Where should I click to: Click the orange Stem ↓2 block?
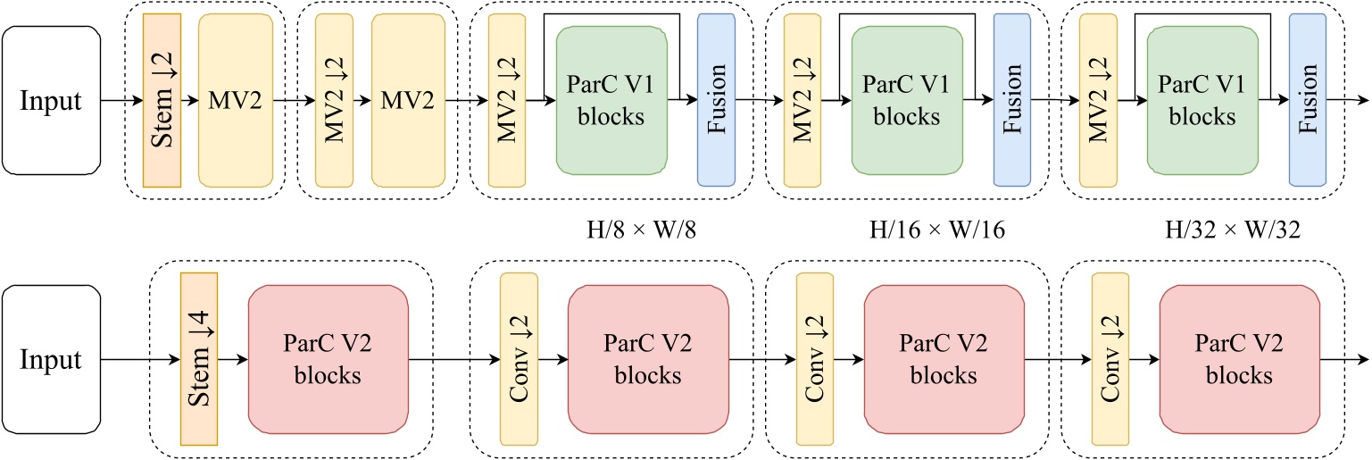tap(162, 100)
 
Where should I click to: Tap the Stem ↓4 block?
tap(199, 359)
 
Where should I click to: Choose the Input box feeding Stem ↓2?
tap(51, 100)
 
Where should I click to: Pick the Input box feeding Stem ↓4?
tap(51, 359)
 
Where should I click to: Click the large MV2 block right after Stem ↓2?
tap(235, 100)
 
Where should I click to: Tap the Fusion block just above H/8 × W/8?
tap(715, 100)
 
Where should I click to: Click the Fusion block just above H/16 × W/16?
tap(1011, 100)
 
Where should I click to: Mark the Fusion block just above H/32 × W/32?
tap(1308, 100)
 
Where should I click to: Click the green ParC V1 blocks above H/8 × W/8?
tap(611, 100)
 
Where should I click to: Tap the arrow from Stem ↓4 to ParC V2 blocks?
tap(233, 360)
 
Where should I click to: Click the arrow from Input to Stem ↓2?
tap(121, 101)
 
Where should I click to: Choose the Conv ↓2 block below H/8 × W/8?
tap(519, 359)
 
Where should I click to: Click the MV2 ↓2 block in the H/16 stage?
tap(802, 100)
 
